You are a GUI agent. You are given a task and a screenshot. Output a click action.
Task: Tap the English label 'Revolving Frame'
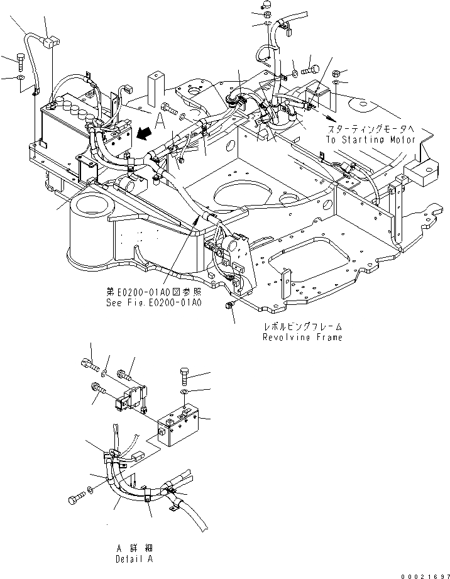click(x=302, y=338)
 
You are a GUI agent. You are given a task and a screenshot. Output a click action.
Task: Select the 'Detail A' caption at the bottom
click(x=134, y=558)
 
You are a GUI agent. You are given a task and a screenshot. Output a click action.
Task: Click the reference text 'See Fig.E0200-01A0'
click(x=153, y=302)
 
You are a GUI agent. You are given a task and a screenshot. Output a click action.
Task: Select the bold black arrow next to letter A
click(x=145, y=131)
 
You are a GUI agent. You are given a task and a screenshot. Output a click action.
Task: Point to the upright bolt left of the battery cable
click(x=21, y=63)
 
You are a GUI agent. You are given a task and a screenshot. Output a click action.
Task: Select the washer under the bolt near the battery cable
click(x=21, y=79)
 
